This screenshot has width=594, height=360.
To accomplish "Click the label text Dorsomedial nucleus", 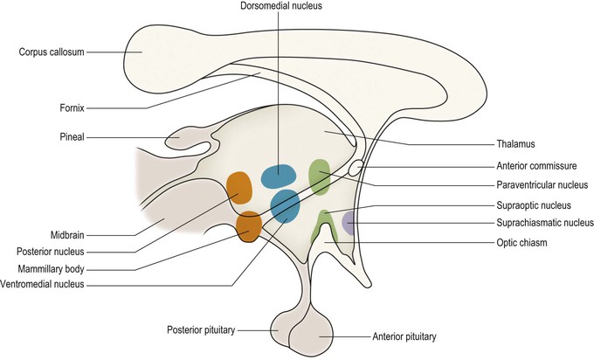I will click(x=278, y=8).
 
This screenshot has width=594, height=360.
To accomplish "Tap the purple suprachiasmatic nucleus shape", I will click(x=348, y=224).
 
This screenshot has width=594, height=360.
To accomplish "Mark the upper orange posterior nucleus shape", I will click(x=239, y=187).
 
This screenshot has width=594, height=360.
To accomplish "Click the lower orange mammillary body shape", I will click(x=249, y=225).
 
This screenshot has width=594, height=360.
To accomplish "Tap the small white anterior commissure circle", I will click(x=356, y=167).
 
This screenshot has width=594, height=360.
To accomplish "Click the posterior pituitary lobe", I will click(x=287, y=329).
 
